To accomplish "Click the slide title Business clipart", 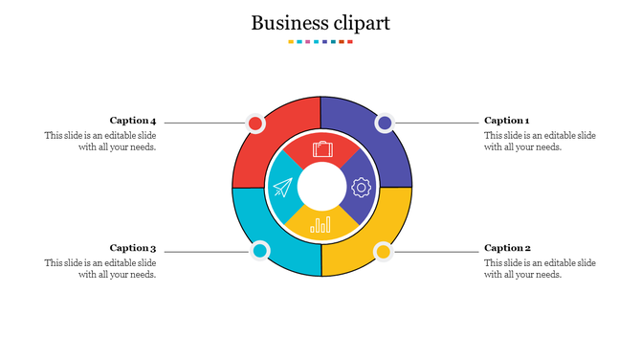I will [x=320, y=23].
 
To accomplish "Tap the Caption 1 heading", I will [x=506, y=121].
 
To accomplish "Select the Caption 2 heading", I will [x=507, y=248].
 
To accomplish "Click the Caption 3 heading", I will [x=133, y=248].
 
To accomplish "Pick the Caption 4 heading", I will [x=133, y=121].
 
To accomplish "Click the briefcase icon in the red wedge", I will [x=322, y=148].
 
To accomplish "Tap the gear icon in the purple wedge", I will [x=361, y=188].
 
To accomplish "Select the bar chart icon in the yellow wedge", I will [x=321, y=225].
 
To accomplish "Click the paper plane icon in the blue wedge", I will [x=282, y=188].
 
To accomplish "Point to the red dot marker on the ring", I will [x=255, y=124].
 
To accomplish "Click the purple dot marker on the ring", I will [x=385, y=123].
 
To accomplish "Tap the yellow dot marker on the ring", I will [x=383, y=252].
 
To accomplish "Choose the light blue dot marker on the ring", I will [x=259, y=252].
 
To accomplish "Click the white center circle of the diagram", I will [x=321, y=186].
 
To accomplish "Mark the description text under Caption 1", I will [x=540, y=142].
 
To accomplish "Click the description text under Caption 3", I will [x=100, y=269].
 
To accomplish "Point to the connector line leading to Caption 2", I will [x=436, y=252].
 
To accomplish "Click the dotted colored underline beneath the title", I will [x=320, y=42].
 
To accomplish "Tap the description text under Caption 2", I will [x=540, y=269].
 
